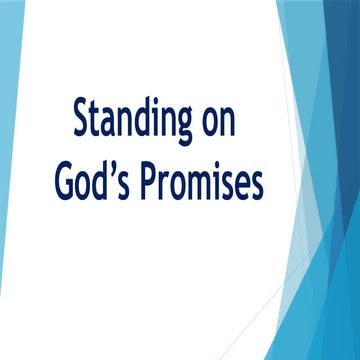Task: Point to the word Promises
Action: [x=212, y=185]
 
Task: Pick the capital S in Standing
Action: [x=79, y=120]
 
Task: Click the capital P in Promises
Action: [x=150, y=185]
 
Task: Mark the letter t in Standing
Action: [x=97, y=121]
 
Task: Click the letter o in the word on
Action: [x=223, y=124]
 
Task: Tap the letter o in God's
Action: [x=87, y=188]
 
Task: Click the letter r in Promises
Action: [x=167, y=188]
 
